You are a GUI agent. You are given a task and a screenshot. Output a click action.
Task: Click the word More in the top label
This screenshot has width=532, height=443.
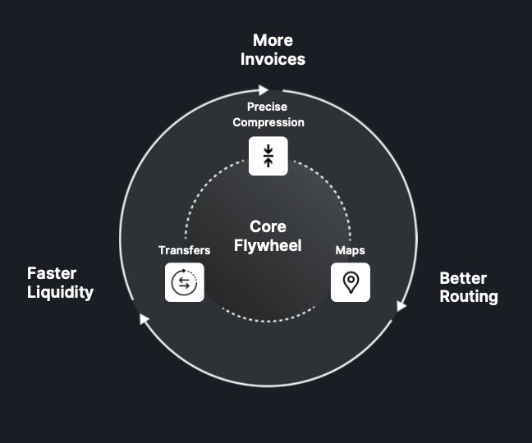tap(273, 40)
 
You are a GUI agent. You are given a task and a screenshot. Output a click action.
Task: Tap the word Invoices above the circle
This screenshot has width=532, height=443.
tap(273, 59)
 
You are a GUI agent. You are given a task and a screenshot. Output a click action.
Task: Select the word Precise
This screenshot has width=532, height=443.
tap(268, 107)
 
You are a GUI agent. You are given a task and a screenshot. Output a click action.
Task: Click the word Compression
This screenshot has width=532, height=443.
tap(268, 122)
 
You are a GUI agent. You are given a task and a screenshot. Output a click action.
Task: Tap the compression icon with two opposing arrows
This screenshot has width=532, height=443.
tap(268, 156)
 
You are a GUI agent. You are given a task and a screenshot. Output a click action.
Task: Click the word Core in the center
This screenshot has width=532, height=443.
tap(268, 227)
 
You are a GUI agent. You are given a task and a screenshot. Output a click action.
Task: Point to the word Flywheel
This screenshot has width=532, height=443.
tap(268, 245)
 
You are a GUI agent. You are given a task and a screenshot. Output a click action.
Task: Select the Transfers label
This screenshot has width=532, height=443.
tap(184, 250)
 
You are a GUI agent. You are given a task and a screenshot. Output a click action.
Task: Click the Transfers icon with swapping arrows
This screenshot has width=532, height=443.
tap(185, 282)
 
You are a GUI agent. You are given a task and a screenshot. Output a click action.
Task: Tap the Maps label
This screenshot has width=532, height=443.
tap(351, 250)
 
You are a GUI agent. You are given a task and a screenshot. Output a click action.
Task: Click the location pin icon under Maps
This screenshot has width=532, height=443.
tap(351, 282)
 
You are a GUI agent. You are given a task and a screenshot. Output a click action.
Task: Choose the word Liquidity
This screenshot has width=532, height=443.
tap(60, 292)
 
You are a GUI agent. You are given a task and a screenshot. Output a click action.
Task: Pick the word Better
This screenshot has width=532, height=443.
tap(463, 278)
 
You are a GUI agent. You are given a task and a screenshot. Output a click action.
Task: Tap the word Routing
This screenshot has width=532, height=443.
tap(469, 296)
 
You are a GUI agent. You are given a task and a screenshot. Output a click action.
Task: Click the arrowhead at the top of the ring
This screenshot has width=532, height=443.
tap(264, 90)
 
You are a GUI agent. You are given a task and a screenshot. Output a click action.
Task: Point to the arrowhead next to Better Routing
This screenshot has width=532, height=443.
tap(401, 306)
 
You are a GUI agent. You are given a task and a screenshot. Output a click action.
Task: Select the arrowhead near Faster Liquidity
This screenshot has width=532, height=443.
tap(144, 318)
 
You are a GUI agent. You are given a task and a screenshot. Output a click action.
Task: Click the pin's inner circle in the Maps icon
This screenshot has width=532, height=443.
tap(351, 280)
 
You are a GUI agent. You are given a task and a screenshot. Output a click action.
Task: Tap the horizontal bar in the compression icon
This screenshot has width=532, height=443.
tap(268, 156)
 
